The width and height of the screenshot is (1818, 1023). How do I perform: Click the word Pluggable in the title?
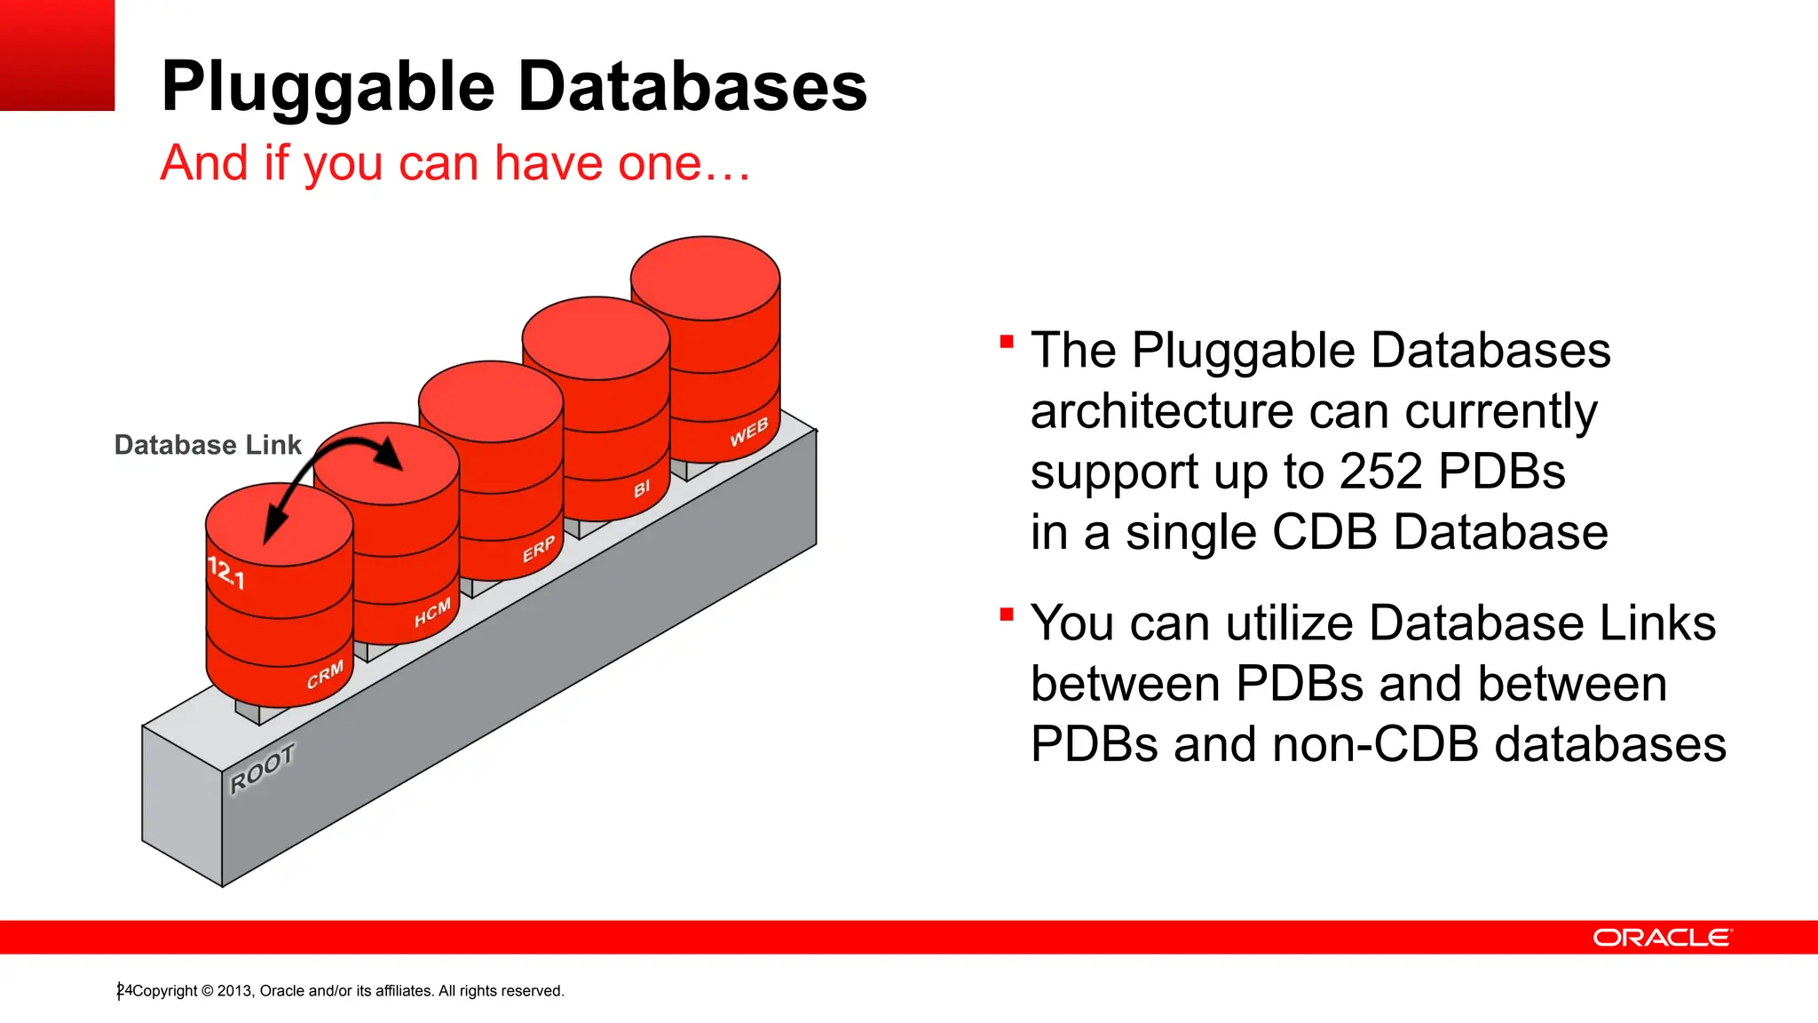(x=328, y=87)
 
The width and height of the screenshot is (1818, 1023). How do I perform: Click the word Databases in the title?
(x=692, y=87)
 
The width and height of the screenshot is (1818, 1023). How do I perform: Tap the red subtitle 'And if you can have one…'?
(x=454, y=163)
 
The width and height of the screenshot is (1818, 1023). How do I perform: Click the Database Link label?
(x=208, y=445)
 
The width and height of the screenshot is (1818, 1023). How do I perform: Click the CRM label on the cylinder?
(x=325, y=676)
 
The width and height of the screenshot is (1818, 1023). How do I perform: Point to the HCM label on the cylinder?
(x=432, y=613)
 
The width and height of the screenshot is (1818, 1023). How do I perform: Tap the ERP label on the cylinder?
(x=538, y=550)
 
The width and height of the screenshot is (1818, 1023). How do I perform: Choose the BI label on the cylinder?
(x=642, y=488)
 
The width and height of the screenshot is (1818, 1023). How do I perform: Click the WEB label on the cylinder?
(x=748, y=432)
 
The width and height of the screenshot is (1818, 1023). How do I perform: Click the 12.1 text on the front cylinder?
(x=225, y=573)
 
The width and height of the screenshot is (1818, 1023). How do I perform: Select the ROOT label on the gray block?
(x=262, y=769)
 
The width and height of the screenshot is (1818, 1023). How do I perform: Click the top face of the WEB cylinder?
(x=706, y=278)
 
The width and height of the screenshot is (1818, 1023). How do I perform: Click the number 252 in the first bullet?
(x=1382, y=472)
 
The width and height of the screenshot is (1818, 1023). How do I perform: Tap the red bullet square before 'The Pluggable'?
(x=1007, y=342)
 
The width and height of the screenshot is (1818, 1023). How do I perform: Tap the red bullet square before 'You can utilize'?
(x=1007, y=615)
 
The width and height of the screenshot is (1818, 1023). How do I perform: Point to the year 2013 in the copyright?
(x=234, y=991)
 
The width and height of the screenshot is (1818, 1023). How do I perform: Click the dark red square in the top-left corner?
(x=57, y=55)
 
